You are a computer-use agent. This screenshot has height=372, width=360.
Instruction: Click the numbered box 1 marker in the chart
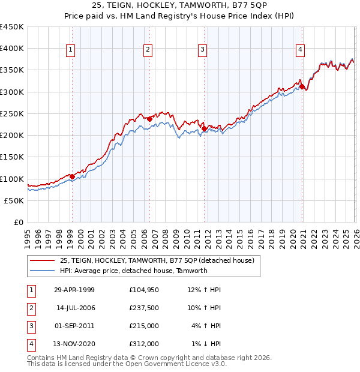71,50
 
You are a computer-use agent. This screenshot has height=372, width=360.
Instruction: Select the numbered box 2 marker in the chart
148,50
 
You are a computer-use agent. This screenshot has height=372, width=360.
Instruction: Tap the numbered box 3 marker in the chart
203,50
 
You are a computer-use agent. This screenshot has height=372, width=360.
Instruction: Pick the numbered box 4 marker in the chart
300,50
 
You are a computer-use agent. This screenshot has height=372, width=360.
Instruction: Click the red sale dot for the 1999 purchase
72,176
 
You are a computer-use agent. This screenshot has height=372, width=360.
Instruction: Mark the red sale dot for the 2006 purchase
149,119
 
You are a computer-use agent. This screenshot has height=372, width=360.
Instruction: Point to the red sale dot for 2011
204,128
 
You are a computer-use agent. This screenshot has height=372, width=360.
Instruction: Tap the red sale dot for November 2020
302,86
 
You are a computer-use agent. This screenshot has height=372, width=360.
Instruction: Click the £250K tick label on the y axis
12,113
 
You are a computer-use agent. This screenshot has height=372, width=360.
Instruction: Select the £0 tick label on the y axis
18,222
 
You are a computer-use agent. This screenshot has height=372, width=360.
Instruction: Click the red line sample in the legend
42,261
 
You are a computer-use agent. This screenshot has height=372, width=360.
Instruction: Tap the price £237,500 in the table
144,308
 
